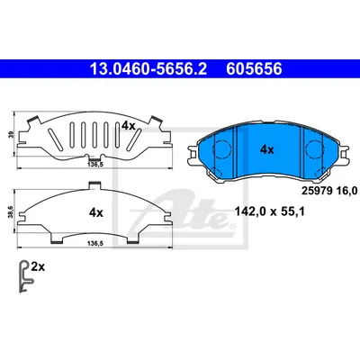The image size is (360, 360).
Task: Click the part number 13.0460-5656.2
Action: click(x=148, y=69)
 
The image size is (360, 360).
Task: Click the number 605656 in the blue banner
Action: click(x=254, y=69)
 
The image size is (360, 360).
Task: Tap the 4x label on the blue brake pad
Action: click(x=266, y=149)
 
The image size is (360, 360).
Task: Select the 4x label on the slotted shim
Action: click(x=129, y=126)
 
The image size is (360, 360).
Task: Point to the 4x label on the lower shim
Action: click(x=96, y=213)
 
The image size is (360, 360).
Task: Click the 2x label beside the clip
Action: click(x=38, y=266)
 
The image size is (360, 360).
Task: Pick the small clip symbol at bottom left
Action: click(x=24, y=276)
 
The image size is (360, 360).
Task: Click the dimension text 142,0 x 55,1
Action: click(x=269, y=212)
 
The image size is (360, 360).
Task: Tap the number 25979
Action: click(x=315, y=190)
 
